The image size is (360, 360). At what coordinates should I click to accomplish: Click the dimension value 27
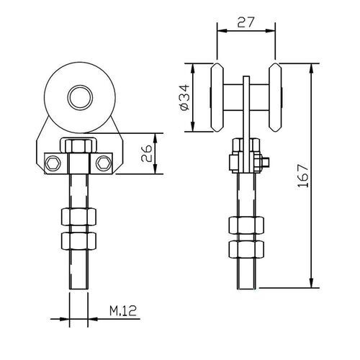(245, 22)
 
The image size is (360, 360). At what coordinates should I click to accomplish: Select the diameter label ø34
(183, 99)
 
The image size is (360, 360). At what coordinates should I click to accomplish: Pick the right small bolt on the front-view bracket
(104, 163)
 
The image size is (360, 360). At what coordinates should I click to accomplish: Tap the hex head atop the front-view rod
(77, 147)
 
